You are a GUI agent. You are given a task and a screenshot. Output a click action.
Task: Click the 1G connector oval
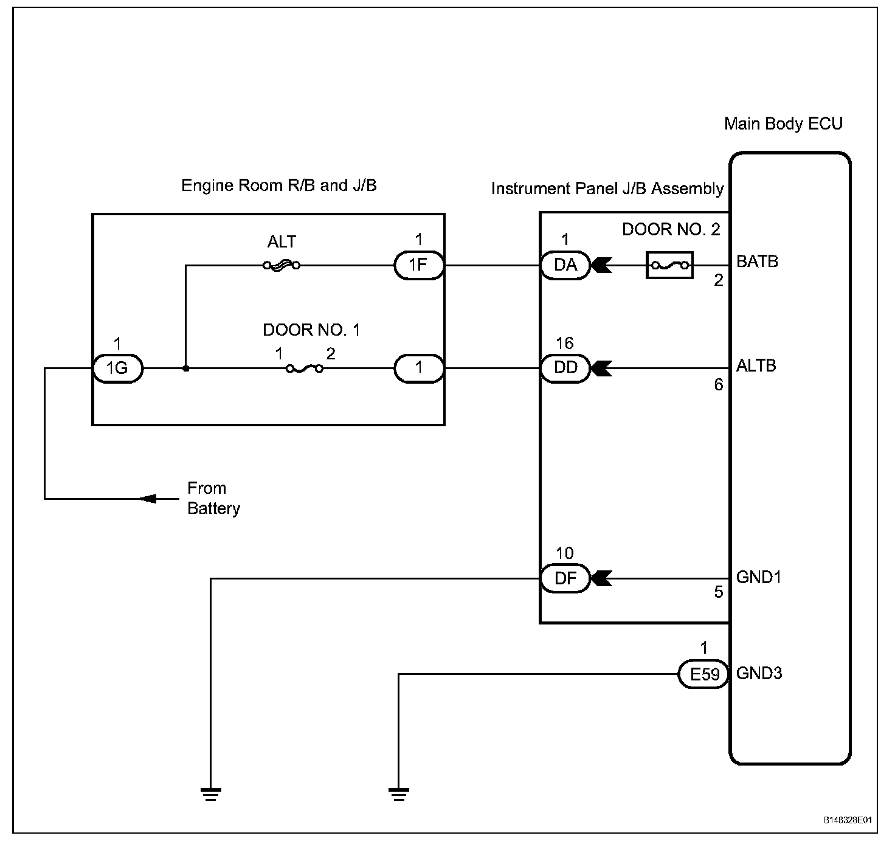tap(117, 368)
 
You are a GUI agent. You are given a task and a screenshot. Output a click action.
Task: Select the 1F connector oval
tap(419, 265)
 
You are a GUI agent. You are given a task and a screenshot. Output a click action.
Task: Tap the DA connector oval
tap(565, 265)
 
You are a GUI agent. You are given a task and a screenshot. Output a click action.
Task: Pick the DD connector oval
tap(565, 368)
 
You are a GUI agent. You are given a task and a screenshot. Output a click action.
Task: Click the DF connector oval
tap(565, 578)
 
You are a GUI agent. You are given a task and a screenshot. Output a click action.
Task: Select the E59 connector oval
tap(704, 674)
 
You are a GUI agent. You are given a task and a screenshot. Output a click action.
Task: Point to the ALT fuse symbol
tap(282, 266)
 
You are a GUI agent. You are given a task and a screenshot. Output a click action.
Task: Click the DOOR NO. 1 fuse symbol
tap(305, 369)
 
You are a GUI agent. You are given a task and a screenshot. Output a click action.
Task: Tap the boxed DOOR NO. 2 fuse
tap(669, 265)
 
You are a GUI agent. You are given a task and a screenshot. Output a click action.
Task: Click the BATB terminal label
tap(757, 261)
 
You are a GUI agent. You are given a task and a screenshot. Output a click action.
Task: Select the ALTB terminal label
tap(756, 365)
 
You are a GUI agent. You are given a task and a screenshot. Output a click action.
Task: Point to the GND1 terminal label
tap(759, 577)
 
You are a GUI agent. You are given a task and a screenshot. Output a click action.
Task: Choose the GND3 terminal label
tap(759, 673)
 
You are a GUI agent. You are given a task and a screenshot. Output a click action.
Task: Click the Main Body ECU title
tap(783, 123)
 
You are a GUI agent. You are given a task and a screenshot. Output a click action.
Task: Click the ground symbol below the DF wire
tap(211, 794)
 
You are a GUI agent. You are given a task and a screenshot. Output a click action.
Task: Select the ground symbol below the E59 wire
tap(399, 794)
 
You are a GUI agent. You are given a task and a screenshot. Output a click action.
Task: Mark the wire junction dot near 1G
tap(185, 368)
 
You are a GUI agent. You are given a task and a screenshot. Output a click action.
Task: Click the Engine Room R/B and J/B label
tap(279, 185)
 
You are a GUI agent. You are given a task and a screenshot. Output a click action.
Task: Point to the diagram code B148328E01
tap(848, 820)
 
